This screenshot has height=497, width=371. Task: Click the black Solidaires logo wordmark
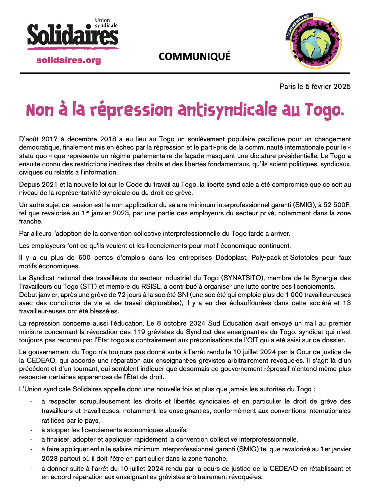[73, 35]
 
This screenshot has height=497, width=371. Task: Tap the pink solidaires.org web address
[68, 60]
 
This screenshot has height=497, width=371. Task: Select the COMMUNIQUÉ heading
[194, 57]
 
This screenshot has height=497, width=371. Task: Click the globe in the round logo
[315, 44]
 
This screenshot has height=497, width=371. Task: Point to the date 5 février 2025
[328, 86]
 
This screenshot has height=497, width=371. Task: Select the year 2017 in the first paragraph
[49, 139]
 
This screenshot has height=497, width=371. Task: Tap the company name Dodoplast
[231, 258]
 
